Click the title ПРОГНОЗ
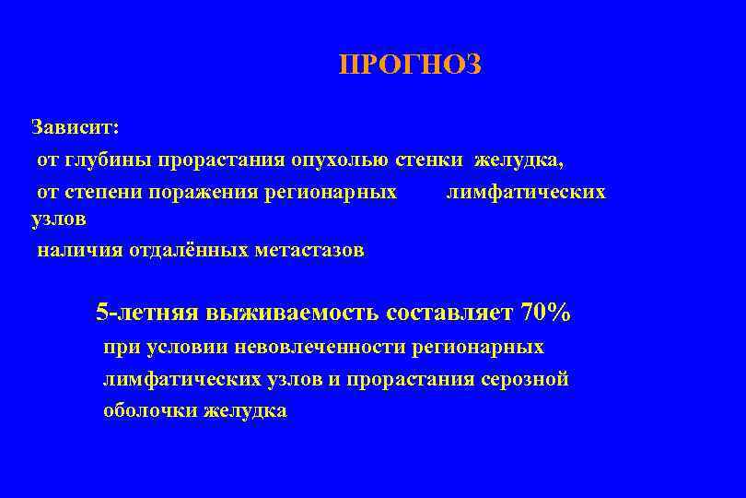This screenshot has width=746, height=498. [x=410, y=65]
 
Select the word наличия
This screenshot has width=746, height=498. [x=76, y=250]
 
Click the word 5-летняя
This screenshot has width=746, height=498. [x=147, y=313]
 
